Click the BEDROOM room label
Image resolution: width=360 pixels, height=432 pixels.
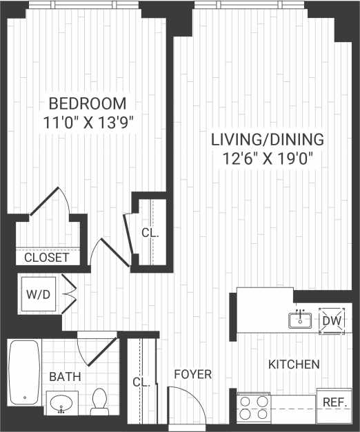click(x=88, y=104)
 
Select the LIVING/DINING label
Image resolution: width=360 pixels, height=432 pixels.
click(x=267, y=140)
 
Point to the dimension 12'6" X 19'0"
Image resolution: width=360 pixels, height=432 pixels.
click(x=267, y=158)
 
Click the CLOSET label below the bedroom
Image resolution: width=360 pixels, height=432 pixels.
click(x=46, y=258)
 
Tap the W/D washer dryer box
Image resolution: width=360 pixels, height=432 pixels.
click(x=37, y=294)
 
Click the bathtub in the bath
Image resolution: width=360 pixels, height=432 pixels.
click(x=23, y=372)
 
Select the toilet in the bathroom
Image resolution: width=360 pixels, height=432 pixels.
click(x=99, y=402)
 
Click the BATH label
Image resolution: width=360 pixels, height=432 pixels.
click(x=65, y=377)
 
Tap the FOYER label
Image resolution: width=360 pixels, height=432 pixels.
click(x=192, y=374)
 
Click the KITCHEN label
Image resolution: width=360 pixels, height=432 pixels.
click(x=294, y=364)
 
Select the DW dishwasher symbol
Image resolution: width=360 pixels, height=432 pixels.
click(x=332, y=320)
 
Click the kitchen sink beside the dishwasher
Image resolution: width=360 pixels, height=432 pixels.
click(x=300, y=319)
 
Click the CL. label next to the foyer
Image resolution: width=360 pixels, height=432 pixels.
click(x=141, y=382)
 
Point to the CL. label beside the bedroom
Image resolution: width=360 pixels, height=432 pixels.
click(x=150, y=233)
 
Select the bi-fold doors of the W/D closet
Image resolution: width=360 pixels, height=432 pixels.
click(x=69, y=294)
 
